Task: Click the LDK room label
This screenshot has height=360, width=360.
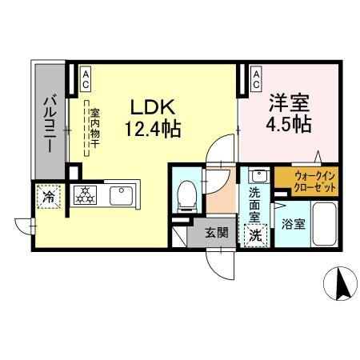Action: pyautogui.click(x=149, y=106)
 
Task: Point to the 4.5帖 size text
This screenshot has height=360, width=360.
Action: pyautogui.click(x=286, y=125)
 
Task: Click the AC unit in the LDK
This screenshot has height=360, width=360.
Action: pyautogui.click(x=85, y=76)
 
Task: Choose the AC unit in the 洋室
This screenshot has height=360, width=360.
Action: pyautogui.click(x=256, y=76)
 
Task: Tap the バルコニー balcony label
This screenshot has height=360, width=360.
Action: pyautogui.click(x=48, y=126)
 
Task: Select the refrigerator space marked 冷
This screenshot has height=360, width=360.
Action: pyautogui.click(x=49, y=194)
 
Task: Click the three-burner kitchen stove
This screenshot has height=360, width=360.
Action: pyautogui.click(x=83, y=194)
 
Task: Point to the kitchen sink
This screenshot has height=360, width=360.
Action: pyautogui.click(x=122, y=194)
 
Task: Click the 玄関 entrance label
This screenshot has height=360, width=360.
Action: pyautogui.click(x=216, y=233)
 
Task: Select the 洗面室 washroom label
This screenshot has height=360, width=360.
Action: pyautogui.click(x=254, y=204)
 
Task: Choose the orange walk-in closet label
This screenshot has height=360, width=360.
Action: pyautogui.click(x=306, y=181)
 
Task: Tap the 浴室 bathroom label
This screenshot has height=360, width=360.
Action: pyautogui.click(x=293, y=225)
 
